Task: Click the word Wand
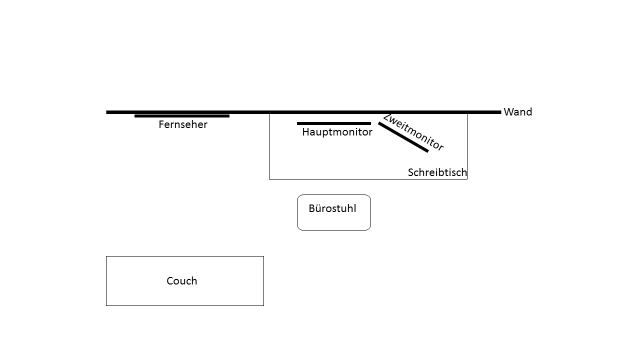[x=517, y=112]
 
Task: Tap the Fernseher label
[x=182, y=124]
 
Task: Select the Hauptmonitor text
[x=337, y=132]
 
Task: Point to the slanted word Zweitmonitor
[x=413, y=132]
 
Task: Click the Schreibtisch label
[x=437, y=172]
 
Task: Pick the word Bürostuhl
[x=332, y=208]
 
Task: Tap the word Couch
[x=181, y=281]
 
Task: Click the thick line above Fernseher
[x=182, y=116]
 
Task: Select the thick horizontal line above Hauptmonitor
[x=333, y=123]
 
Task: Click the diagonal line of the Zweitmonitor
[x=403, y=137]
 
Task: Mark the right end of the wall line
[x=500, y=112]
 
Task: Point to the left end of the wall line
[x=107, y=112]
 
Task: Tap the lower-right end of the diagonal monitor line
[x=427, y=151]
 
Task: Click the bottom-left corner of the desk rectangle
[x=269, y=179]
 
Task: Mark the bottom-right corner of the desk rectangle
[x=467, y=179]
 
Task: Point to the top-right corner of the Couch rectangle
[x=263, y=256]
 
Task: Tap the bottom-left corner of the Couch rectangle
[x=106, y=305]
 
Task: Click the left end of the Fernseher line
[x=135, y=116]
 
